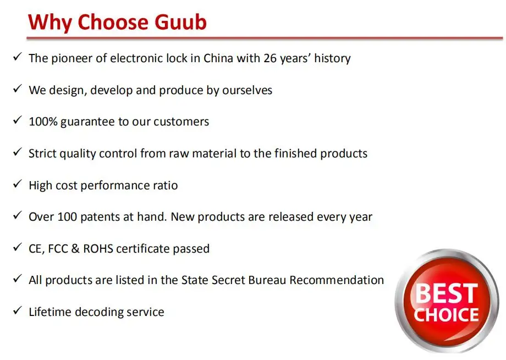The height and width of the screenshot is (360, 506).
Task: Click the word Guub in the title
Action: [x=180, y=22]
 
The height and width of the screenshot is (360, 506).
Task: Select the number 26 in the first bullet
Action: [x=270, y=58]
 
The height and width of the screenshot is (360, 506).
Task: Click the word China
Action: [x=218, y=58]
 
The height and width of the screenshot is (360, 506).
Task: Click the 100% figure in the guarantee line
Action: [x=43, y=122]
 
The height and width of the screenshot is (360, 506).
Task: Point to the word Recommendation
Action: [x=337, y=280]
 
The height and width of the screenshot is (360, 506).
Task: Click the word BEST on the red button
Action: [x=446, y=293]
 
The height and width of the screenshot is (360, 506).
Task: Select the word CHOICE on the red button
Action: [x=446, y=315]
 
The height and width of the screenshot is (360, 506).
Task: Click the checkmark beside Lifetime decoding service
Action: [x=18, y=310]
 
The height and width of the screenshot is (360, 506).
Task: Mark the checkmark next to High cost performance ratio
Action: [x=18, y=184]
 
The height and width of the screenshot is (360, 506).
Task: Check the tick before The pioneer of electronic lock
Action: [x=18, y=57]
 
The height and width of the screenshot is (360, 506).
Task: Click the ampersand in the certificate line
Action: [x=75, y=249]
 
